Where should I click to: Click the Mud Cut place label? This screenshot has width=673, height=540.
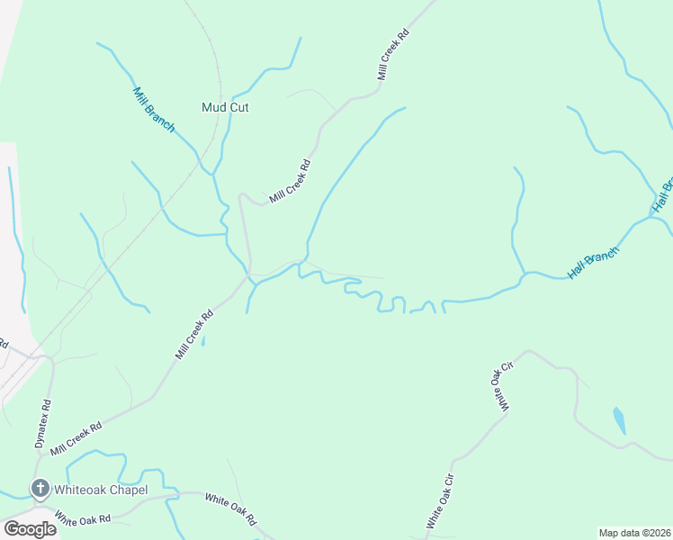[225, 107]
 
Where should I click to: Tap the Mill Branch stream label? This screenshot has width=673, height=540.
[154, 110]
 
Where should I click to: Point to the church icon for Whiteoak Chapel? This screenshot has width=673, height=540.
[40, 490]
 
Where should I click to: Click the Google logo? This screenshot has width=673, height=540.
[29, 529]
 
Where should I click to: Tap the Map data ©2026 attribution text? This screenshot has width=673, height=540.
[634, 532]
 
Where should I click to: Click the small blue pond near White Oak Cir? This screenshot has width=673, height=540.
[619, 419]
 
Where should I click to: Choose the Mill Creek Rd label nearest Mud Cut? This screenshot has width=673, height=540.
[290, 180]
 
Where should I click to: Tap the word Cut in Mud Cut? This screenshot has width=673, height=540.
[238, 107]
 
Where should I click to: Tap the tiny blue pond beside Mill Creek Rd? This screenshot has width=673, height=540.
[203, 341]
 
